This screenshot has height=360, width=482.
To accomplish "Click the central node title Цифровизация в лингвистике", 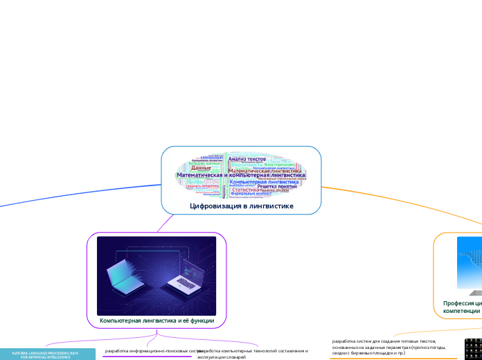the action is [242, 206].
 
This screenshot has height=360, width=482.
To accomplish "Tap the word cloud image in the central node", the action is [242, 174].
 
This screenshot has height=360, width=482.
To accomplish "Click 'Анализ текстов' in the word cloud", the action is [247, 159].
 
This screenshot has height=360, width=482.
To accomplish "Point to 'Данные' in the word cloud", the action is [201, 168].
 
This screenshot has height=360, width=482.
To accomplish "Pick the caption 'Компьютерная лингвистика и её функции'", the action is [157, 321].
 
